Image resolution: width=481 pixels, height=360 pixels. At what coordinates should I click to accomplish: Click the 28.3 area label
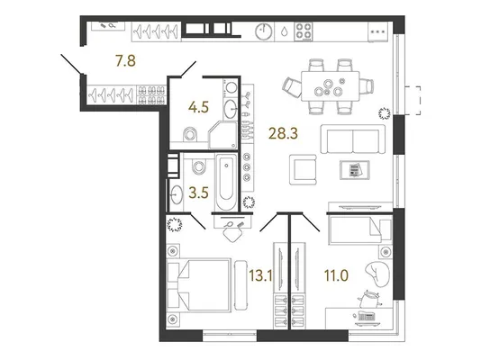click(283, 133)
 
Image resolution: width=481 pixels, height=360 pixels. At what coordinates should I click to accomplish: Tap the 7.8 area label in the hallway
click(125, 60)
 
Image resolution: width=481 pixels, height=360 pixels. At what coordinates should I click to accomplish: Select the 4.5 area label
click(198, 107)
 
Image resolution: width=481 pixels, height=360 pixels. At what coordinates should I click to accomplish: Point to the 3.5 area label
click(198, 193)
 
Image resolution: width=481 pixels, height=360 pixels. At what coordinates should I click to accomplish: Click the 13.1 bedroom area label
click(260, 275)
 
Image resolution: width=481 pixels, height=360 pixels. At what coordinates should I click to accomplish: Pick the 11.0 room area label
click(336, 275)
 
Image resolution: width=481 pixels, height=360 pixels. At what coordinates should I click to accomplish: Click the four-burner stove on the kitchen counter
click(304, 31)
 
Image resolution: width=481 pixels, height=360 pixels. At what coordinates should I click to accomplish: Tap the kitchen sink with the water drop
click(285, 31)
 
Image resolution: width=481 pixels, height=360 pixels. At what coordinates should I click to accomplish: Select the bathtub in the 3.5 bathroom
click(226, 183)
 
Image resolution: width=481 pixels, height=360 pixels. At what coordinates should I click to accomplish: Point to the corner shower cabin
click(223, 135)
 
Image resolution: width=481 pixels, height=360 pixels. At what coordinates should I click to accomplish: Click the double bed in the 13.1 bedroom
click(199, 285)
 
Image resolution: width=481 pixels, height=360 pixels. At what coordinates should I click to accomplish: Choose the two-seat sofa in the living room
click(353, 139)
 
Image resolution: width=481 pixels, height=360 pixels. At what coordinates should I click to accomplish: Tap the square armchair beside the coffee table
click(303, 169)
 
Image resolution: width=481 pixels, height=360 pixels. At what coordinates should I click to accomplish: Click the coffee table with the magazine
click(355, 170)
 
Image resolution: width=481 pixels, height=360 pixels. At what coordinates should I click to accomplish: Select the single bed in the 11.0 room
click(360, 229)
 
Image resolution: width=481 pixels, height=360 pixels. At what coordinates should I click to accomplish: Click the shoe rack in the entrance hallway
click(151, 95)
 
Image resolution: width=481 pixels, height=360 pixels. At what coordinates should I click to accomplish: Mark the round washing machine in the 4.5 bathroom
click(231, 87)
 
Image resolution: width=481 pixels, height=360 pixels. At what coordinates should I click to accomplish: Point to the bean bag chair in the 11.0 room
click(377, 274)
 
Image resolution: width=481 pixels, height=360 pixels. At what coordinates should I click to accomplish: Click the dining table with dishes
click(330, 86)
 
